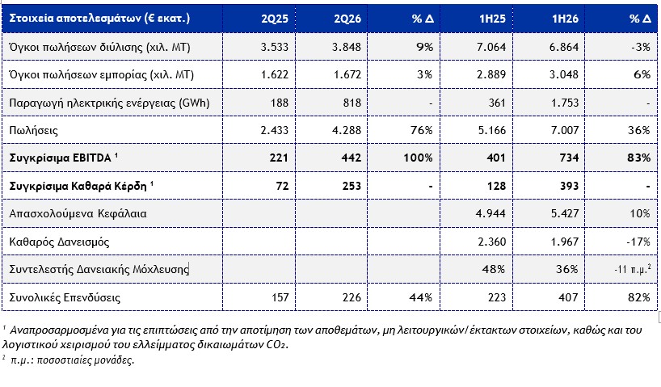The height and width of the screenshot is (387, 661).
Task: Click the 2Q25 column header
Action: point(275,19)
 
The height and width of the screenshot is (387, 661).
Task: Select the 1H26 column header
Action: point(566,19)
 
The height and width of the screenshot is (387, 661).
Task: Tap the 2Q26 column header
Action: point(347,19)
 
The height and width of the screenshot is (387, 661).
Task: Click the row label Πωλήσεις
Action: point(34,130)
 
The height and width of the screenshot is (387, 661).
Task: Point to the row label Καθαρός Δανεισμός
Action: point(60,242)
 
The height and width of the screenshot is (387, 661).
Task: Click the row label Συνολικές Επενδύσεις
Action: point(65,297)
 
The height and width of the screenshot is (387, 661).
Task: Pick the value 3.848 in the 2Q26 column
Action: point(347,47)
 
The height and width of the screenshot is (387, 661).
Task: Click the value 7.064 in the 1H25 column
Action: point(491,47)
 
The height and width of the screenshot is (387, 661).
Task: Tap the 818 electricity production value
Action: point(352,103)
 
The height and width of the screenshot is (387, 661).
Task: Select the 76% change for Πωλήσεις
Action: point(422,130)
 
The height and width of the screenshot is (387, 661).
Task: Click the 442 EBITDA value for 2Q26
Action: point(352,158)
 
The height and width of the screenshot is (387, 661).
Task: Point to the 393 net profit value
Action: point(569,186)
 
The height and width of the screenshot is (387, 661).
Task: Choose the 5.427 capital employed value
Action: point(565,214)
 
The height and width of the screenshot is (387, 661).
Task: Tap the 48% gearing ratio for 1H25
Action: point(494,269)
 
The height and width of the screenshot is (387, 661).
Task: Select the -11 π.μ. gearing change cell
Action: point(633,269)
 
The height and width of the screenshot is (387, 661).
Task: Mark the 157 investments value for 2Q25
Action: point(280,297)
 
